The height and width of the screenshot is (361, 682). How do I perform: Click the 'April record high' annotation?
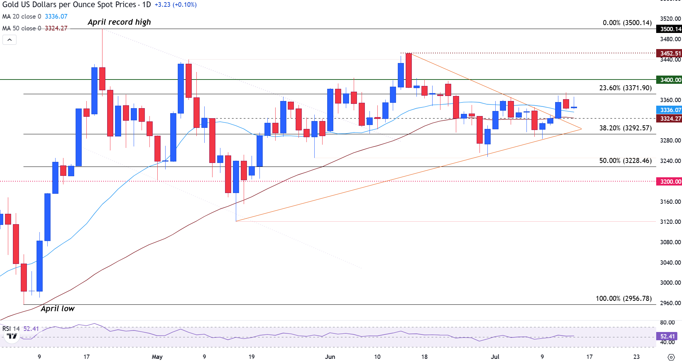point(119,22)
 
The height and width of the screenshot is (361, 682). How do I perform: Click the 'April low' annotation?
point(58,309)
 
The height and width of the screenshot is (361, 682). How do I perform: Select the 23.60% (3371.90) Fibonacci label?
point(625,88)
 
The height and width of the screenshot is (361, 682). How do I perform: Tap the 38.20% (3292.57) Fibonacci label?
point(625,128)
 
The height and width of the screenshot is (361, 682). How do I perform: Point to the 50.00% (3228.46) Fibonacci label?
point(625,161)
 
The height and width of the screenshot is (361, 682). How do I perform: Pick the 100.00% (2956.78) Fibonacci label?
point(624,299)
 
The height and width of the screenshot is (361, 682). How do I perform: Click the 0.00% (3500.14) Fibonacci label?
point(627,23)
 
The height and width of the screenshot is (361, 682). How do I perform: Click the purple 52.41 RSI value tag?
point(667,336)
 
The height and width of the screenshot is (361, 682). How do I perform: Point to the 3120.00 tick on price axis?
point(670,222)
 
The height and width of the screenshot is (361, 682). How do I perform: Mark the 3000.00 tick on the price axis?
point(670,283)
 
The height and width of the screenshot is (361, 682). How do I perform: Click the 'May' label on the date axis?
point(157,357)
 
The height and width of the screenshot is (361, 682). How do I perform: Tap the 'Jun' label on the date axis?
point(330,357)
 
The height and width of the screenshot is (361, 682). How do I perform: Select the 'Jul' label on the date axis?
point(495,357)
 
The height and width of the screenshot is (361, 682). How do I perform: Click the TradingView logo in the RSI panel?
point(12,336)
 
